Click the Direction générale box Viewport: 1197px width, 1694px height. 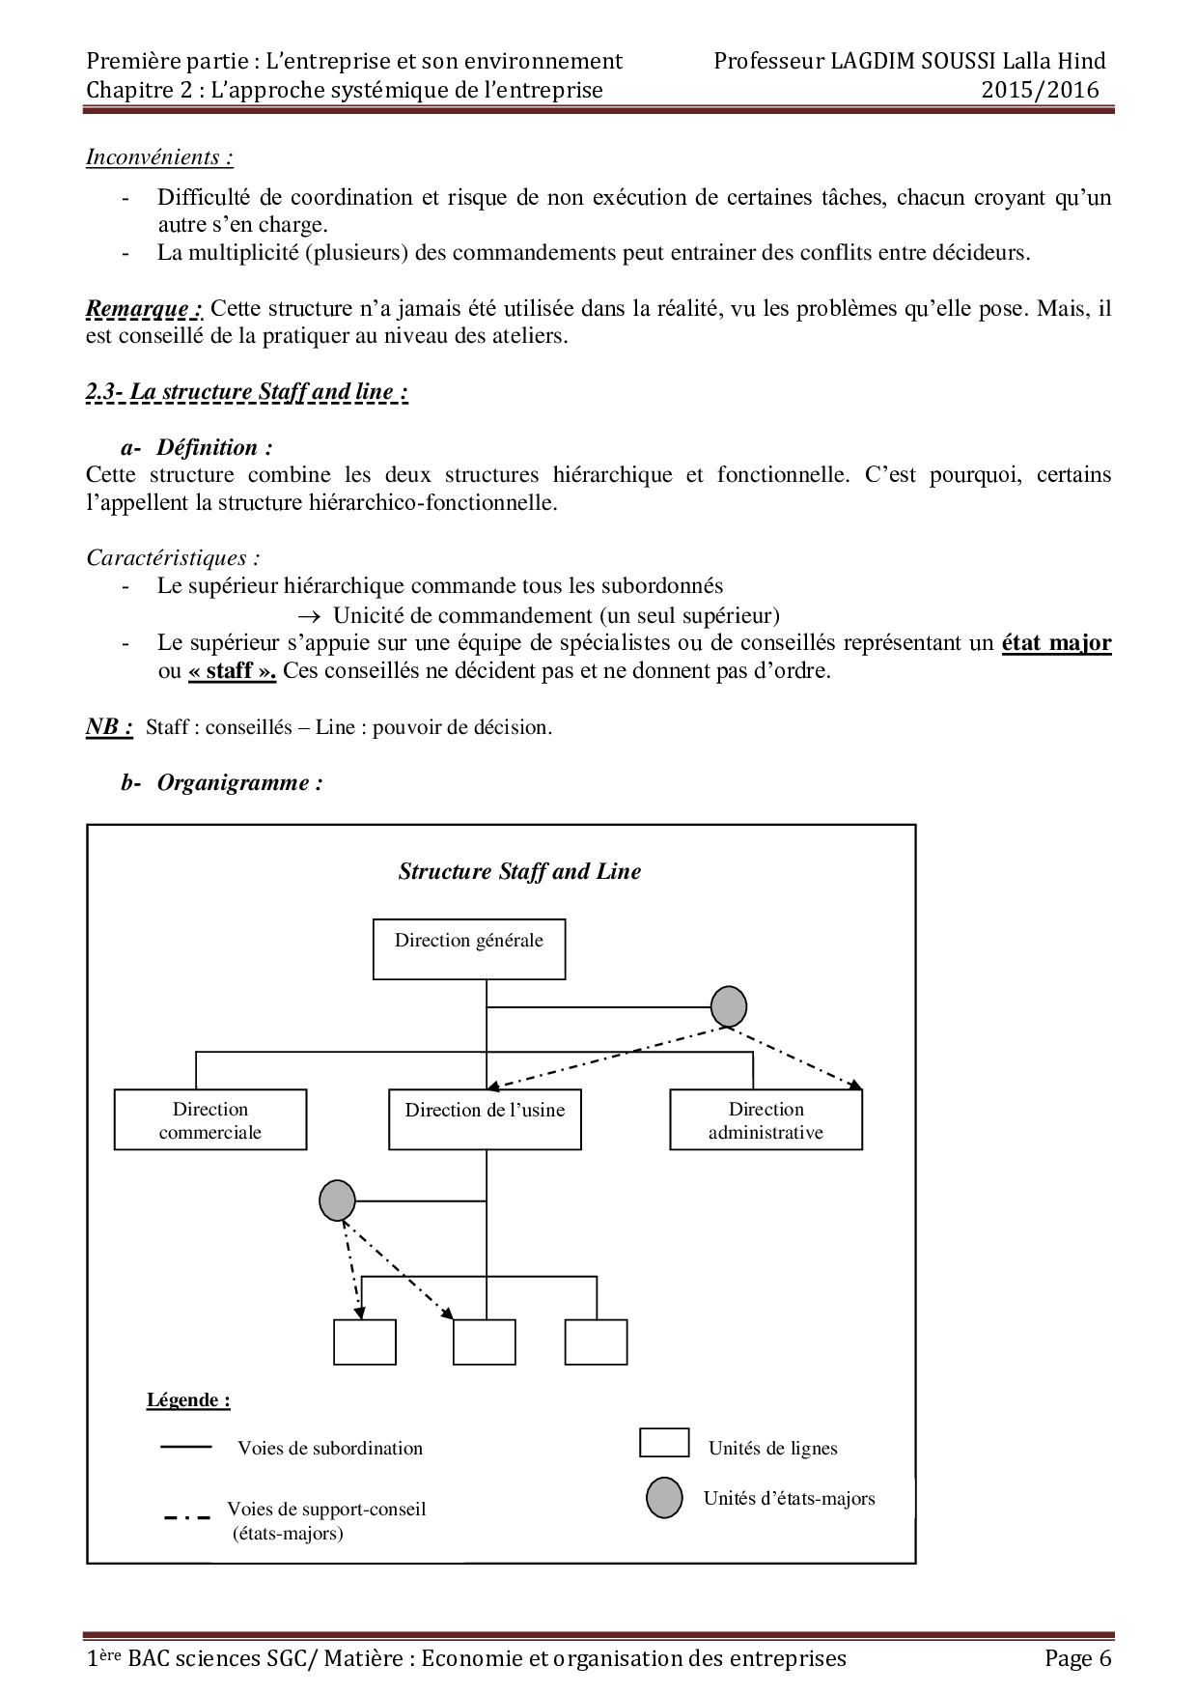tap(469, 949)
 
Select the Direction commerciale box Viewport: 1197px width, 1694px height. tap(210, 1120)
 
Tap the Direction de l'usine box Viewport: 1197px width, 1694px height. tap(485, 1120)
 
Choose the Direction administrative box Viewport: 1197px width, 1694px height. tap(766, 1120)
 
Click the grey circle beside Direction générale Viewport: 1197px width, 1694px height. tap(729, 1007)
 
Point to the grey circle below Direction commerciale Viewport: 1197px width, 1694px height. tap(337, 1201)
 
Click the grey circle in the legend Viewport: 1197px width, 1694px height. tap(664, 1499)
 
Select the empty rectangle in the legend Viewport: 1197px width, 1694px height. tap(664, 1442)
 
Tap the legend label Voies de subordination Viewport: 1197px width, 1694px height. tap(330, 1449)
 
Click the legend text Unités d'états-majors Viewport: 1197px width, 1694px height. tap(789, 1499)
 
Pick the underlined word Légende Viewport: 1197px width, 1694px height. tap(188, 1400)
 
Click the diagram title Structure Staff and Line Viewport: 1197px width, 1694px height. tap(519, 871)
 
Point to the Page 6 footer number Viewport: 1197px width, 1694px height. tap(1078, 1658)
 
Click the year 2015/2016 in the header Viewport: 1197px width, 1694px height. tap(1041, 90)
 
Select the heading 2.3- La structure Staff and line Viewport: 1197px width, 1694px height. tap(247, 392)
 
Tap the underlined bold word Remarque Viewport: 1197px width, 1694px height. tap(144, 309)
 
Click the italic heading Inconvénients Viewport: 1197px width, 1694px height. tap(159, 156)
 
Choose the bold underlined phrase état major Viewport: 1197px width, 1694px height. tap(1057, 642)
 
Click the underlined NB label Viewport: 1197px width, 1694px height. tap(109, 726)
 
